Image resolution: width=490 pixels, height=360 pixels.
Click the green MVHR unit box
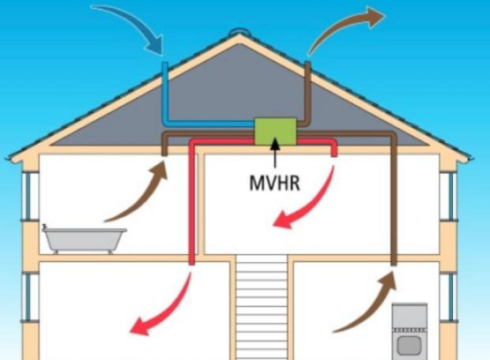[275, 131]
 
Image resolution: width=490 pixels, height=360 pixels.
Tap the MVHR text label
[275, 183]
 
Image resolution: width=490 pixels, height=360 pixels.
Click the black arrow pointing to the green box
[275, 153]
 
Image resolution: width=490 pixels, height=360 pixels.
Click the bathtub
[85, 239]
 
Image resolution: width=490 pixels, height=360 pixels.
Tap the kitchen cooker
[410, 332]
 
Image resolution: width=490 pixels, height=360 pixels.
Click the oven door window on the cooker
[409, 345]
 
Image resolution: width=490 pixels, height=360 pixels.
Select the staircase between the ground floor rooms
[261, 307]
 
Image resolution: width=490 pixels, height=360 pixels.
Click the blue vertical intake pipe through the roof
[165, 92]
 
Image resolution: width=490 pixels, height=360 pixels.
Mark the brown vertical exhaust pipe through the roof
[307, 92]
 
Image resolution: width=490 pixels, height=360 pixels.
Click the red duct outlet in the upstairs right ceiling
[334, 153]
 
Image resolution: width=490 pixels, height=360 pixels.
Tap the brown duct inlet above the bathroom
[164, 151]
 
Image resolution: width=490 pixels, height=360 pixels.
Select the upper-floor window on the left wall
[30, 196]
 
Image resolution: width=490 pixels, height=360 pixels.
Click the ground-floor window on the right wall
[449, 297]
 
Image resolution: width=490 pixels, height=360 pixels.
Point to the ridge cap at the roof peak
[239, 32]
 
